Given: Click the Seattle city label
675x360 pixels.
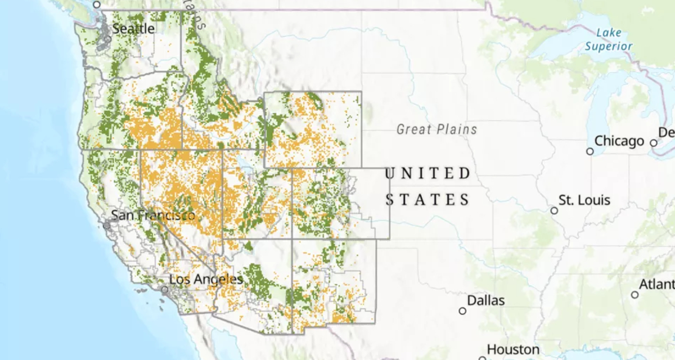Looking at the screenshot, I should (x=133, y=28).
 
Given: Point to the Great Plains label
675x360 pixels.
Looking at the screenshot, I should (x=436, y=130).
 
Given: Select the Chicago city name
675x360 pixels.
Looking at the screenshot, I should (x=619, y=141).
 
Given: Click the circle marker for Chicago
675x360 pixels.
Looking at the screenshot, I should (x=589, y=151).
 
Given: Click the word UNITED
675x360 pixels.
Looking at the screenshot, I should (x=428, y=173).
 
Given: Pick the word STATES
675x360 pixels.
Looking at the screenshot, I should (x=428, y=200).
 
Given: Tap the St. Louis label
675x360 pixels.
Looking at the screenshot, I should (x=584, y=200).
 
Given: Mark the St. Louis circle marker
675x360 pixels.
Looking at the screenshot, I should (x=554, y=210).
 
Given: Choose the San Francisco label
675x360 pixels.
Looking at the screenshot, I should (x=153, y=215).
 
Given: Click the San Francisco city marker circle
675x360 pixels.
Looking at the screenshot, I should (x=107, y=225).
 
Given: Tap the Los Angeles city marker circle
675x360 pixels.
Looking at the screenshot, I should (x=164, y=290).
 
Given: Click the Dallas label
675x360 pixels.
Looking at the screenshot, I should (x=485, y=300).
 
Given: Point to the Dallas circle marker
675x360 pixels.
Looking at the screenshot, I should (x=462, y=310).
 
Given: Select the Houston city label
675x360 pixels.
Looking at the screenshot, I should (x=512, y=349).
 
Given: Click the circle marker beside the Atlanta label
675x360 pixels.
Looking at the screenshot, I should (x=634, y=295).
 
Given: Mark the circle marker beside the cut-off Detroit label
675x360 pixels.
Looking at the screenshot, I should (x=654, y=143).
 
